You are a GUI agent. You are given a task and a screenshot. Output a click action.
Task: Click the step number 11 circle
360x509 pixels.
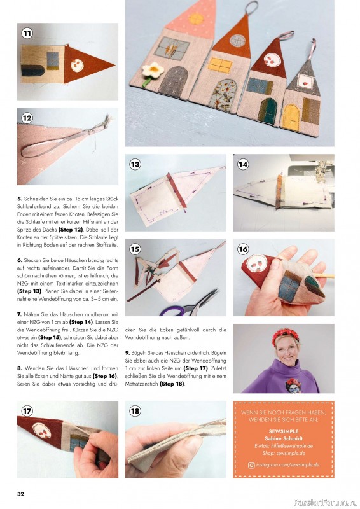pyautogui.click(x=27, y=33)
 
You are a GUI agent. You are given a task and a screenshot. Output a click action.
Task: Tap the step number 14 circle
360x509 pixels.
pyautogui.click(x=243, y=164)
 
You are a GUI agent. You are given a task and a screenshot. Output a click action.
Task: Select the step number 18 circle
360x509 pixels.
pyautogui.click(x=135, y=411)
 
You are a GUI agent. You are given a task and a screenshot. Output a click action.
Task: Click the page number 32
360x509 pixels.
pyautogui.click(x=21, y=494)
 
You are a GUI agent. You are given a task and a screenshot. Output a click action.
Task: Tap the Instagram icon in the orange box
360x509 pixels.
pyautogui.click(x=251, y=465)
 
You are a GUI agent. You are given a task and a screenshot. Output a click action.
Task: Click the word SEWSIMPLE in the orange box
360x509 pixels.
pyautogui.click(x=284, y=431)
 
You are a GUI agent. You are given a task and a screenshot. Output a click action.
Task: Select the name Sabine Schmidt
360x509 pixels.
pyautogui.click(x=284, y=438)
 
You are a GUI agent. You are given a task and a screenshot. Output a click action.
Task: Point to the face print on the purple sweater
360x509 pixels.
pyautogui.click(x=293, y=386)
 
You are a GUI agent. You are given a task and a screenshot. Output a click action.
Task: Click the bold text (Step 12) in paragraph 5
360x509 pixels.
pyautogui.click(x=71, y=230)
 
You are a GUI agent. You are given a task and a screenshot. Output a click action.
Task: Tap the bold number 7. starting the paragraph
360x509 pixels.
pyautogui.click(x=20, y=314)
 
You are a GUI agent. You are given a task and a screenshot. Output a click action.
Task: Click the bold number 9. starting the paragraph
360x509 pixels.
pyautogui.click(x=128, y=353)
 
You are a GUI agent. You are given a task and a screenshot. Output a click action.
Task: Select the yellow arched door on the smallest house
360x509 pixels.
pyautogui.click(x=291, y=117)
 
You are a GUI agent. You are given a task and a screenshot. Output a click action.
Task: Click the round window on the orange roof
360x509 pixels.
pyautogui.click(x=238, y=40)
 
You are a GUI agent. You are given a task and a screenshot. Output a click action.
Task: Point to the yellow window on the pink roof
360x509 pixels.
pyautogui.click(x=196, y=18)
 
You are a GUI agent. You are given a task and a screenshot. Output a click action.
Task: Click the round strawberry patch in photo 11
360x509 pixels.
pyautogui.click(x=77, y=66)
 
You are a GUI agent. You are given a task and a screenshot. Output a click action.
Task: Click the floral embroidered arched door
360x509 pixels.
pyautogui.click(x=223, y=95)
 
